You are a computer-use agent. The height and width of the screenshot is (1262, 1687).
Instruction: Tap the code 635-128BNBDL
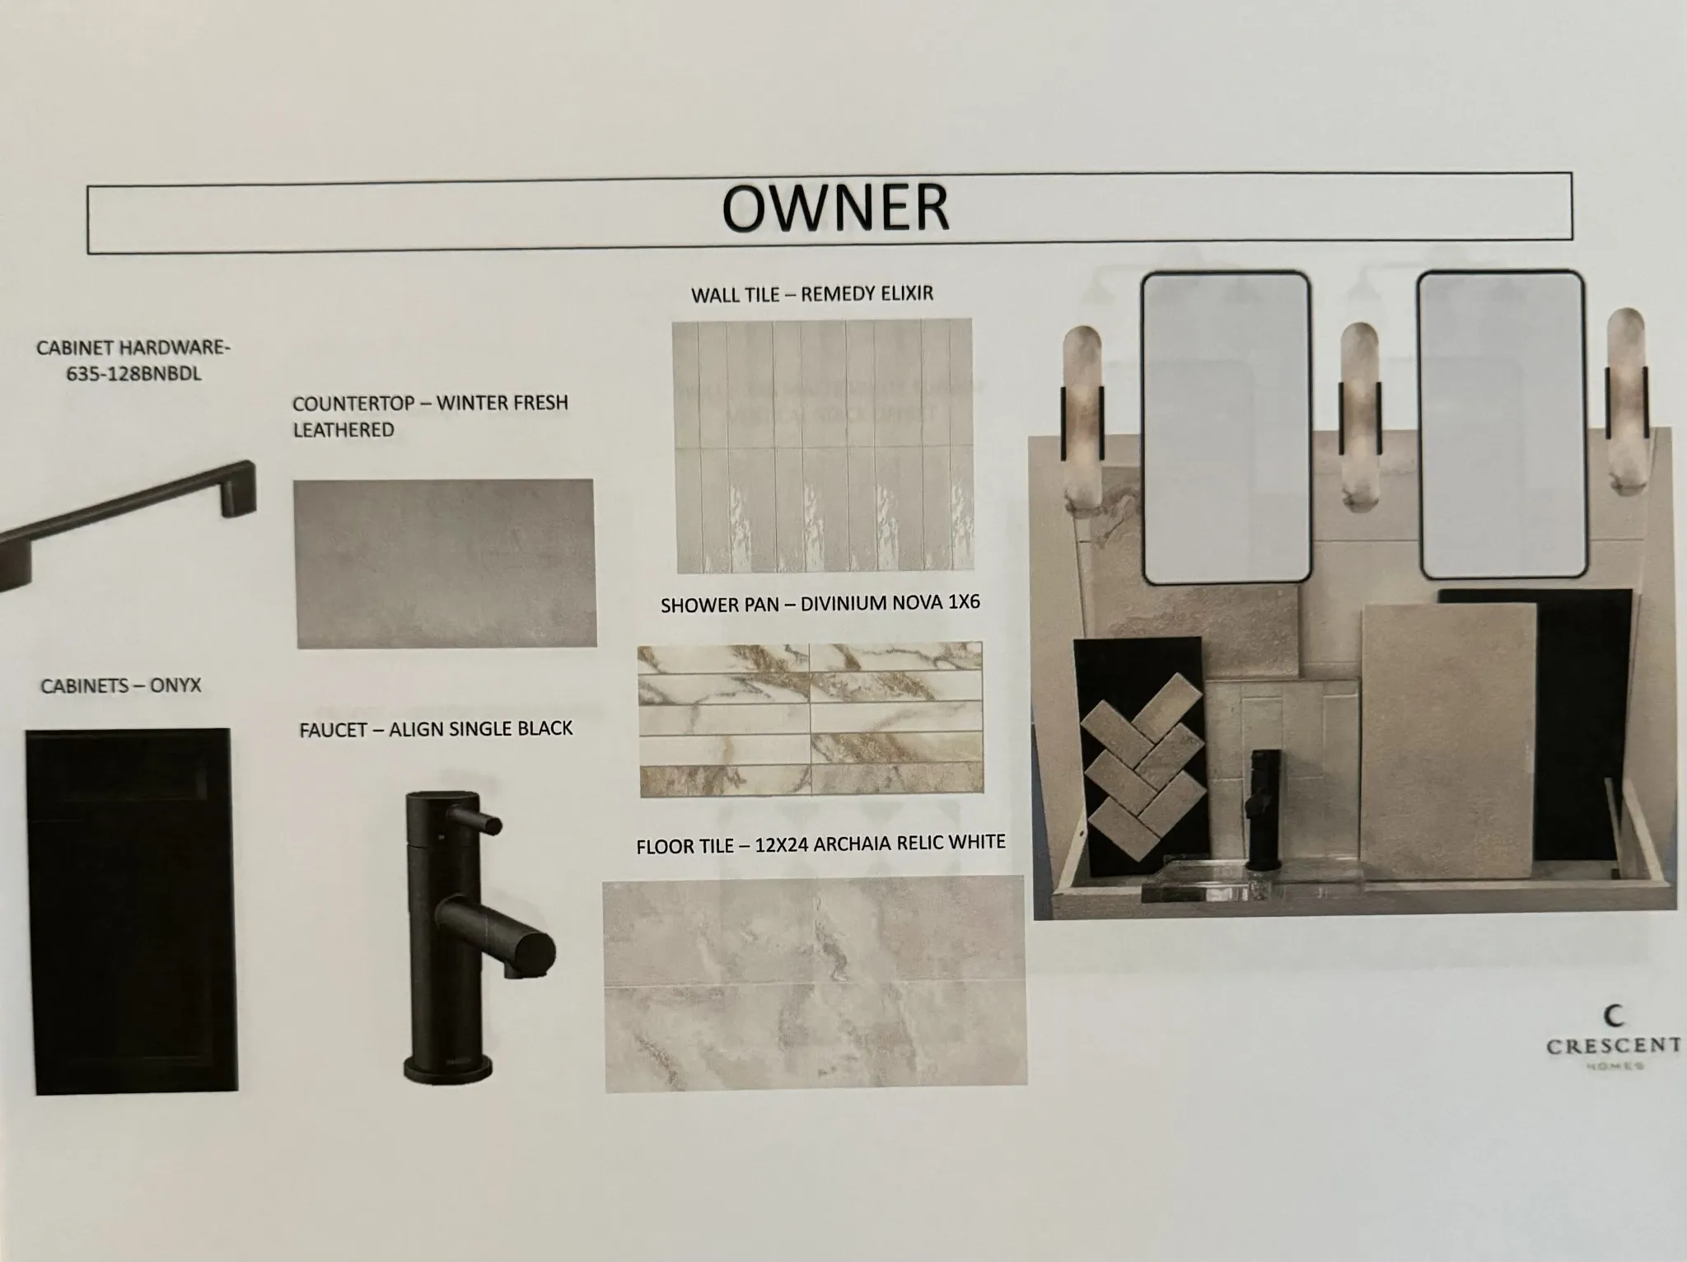[x=133, y=376]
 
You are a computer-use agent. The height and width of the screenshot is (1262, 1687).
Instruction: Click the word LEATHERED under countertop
[x=343, y=430]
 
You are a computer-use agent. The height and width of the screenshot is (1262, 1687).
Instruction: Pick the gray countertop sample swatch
[x=445, y=563]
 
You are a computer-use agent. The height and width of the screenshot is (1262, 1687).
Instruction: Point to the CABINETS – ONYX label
[x=121, y=685]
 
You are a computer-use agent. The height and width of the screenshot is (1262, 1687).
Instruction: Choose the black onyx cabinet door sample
[x=132, y=911]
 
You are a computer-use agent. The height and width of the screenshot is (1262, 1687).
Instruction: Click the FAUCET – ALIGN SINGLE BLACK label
[x=436, y=729]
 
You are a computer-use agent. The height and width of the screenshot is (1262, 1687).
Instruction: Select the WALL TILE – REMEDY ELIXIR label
[x=812, y=294]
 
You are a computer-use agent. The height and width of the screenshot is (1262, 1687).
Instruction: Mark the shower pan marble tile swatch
[x=811, y=720]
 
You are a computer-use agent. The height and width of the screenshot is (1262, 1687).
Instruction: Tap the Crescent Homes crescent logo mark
[x=1615, y=1016]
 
